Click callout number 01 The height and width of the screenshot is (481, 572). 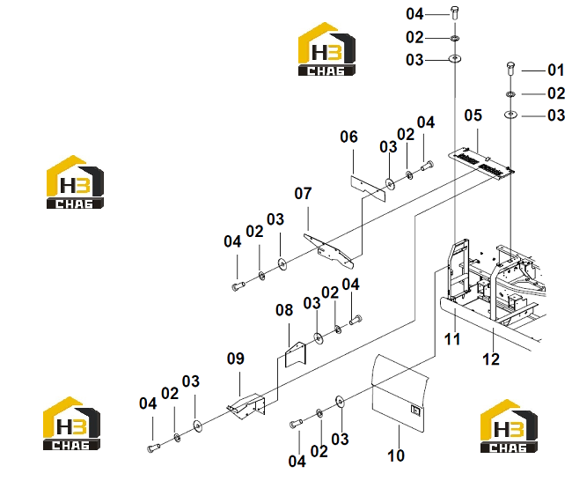click(x=555, y=70)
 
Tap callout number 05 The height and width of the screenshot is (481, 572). click(x=473, y=115)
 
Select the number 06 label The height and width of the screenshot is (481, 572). click(x=348, y=137)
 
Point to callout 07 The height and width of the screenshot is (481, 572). click(x=303, y=194)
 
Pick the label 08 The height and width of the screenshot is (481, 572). click(x=284, y=310)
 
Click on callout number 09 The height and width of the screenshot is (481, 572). click(x=236, y=359)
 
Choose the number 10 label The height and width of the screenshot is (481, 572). click(x=396, y=455)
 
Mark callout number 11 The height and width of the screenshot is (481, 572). click(x=452, y=340)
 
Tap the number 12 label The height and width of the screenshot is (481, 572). click(x=491, y=359)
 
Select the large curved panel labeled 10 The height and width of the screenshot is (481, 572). click(x=400, y=394)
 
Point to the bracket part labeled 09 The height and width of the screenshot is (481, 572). click(x=247, y=406)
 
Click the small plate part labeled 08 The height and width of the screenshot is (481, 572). click(x=295, y=354)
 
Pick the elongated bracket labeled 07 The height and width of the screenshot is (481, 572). click(x=328, y=251)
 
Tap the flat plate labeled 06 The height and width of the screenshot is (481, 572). click(x=368, y=189)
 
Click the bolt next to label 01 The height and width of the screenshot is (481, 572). click(x=510, y=69)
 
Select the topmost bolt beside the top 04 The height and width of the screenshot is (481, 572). click(x=455, y=13)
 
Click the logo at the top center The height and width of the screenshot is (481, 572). click(x=326, y=49)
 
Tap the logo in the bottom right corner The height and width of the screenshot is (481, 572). click(x=509, y=425)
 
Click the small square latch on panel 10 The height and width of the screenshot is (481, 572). click(x=416, y=411)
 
